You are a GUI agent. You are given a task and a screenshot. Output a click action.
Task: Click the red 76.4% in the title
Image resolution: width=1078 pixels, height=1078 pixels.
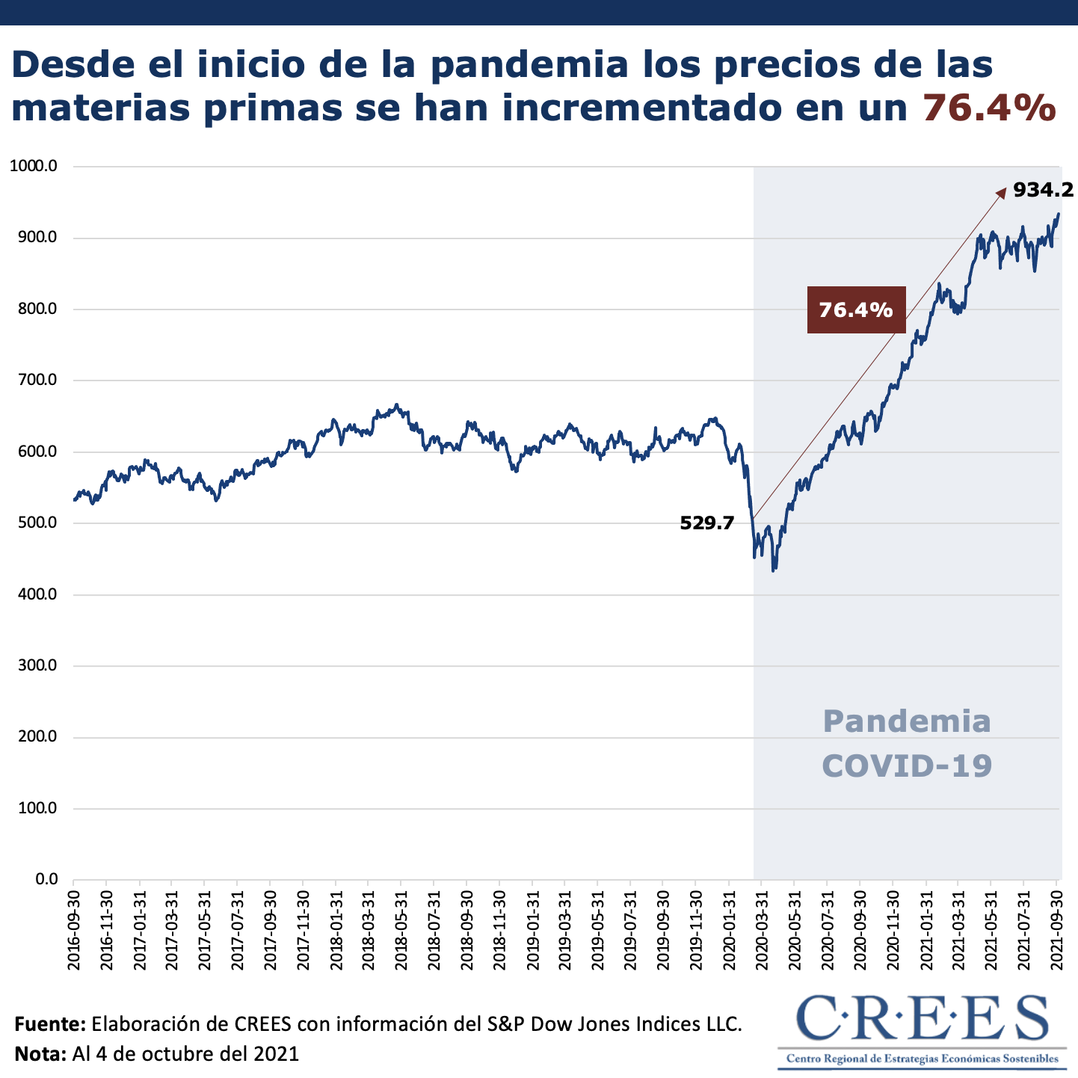click(x=989, y=107)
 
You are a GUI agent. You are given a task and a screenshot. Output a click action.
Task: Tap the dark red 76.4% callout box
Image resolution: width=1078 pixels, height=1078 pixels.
click(x=856, y=309)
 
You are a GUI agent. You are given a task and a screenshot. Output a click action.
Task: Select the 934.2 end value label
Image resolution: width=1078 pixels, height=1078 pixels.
click(x=1044, y=190)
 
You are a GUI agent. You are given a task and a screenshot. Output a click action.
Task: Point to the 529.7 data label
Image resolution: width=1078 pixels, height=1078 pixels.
click(x=706, y=523)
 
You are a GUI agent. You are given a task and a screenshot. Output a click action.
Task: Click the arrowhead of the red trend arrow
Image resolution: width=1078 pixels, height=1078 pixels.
click(x=1001, y=193)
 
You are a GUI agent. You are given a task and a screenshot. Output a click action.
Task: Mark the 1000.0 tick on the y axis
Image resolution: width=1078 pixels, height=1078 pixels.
click(x=34, y=166)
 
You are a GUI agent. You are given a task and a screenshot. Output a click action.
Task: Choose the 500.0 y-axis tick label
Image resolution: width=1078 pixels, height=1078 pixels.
click(x=37, y=523)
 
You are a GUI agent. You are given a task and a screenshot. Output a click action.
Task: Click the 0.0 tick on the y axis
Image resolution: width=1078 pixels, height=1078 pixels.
click(x=46, y=879)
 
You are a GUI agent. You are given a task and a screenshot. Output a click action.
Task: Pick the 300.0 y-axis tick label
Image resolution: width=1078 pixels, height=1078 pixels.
click(x=37, y=665)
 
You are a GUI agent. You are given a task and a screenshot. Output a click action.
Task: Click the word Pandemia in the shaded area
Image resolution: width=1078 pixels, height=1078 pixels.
click(x=907, y=721)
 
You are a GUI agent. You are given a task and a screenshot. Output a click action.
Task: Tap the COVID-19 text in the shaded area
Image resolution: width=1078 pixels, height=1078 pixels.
click(x=907, y=766)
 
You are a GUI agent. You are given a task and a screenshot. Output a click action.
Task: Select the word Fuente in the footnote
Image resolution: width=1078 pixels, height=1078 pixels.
click(x=50, y=1023)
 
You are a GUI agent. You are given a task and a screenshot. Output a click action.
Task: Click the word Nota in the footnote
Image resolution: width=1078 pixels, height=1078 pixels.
click(x=41, y=1054)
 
